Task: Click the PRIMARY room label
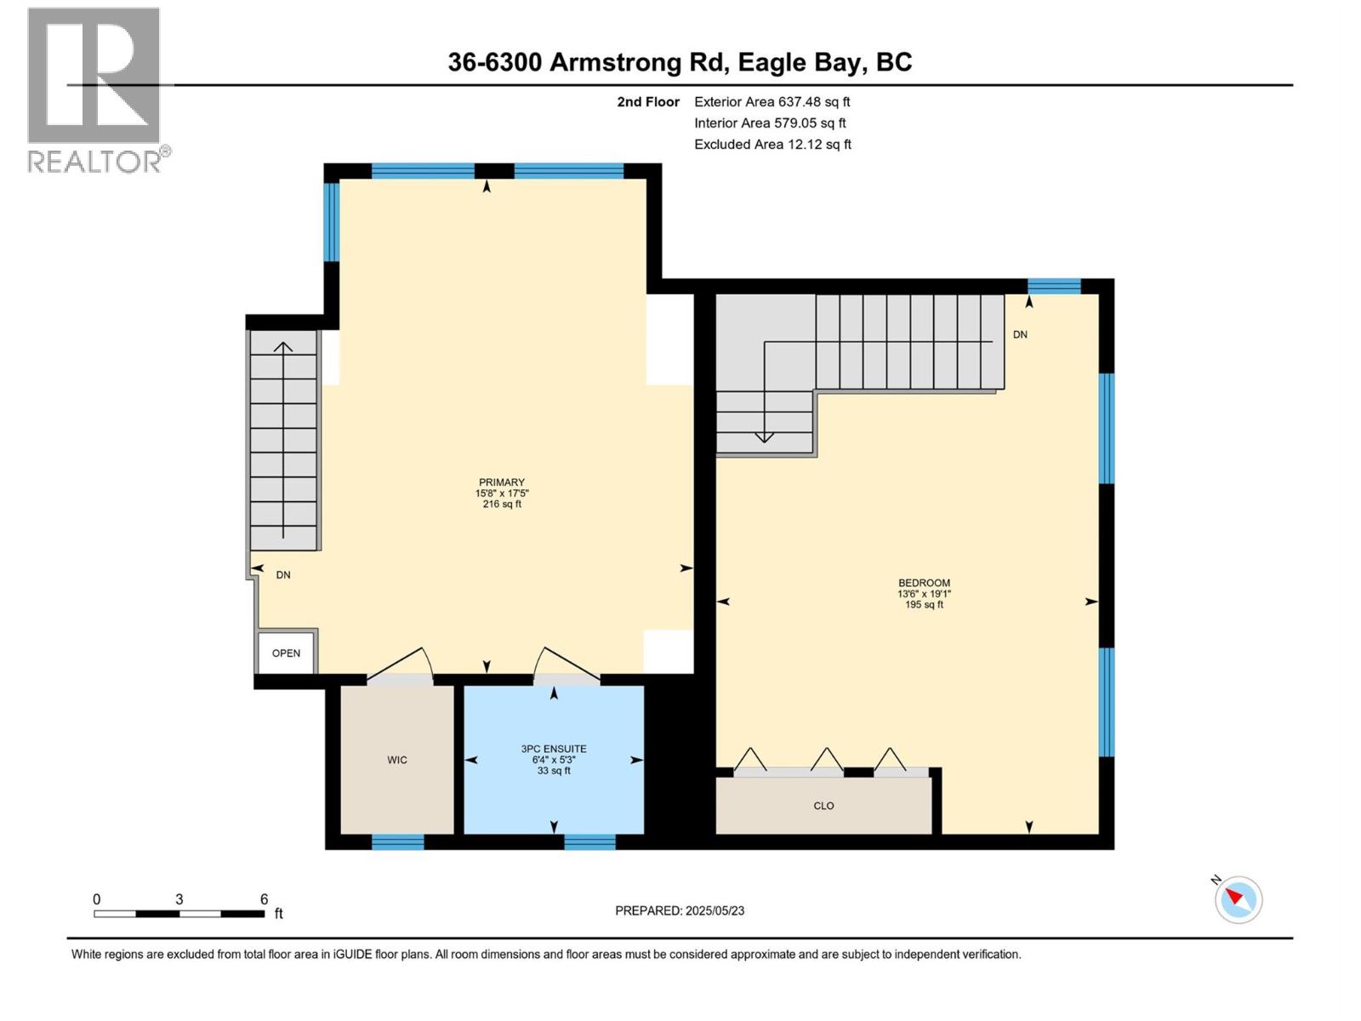(502, 482)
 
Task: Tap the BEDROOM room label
(924, 583)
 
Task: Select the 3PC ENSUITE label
(554, 749)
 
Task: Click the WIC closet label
(397, 760)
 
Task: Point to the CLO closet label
(823, 806)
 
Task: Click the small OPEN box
(286, 653)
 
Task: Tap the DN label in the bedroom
(1020, 335)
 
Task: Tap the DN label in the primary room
(283, 575)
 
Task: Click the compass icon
(1238, 899)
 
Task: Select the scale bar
(179, 914)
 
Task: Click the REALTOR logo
(94, 89)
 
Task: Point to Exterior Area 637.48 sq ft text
(772, 102)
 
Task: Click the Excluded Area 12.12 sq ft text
(772, 145)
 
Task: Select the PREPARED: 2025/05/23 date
(680, 910)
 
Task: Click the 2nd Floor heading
(648, 102)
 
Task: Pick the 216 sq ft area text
(502, 505)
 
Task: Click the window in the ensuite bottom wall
(589, 842)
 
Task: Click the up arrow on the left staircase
(283, 347)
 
